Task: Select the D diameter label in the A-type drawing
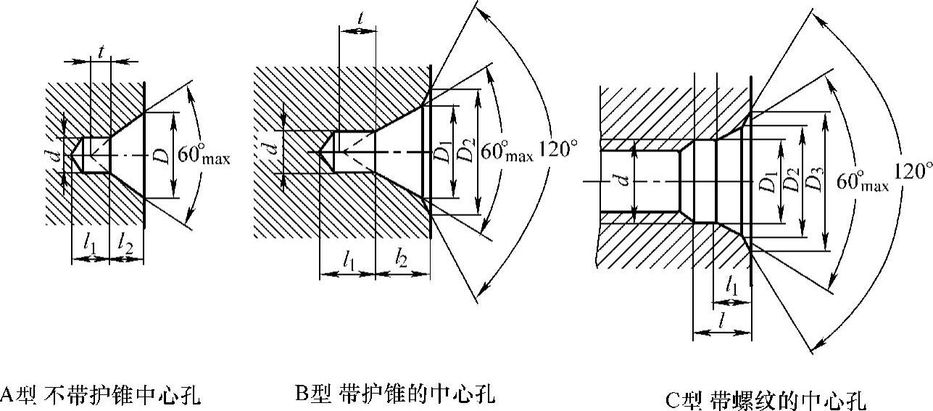point(166,155)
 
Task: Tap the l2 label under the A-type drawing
point(126,245)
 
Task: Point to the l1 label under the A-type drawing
point(89,245)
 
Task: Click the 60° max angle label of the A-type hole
point(204,157)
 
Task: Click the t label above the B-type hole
point(361,20)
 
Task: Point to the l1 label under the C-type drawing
point(732,288)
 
